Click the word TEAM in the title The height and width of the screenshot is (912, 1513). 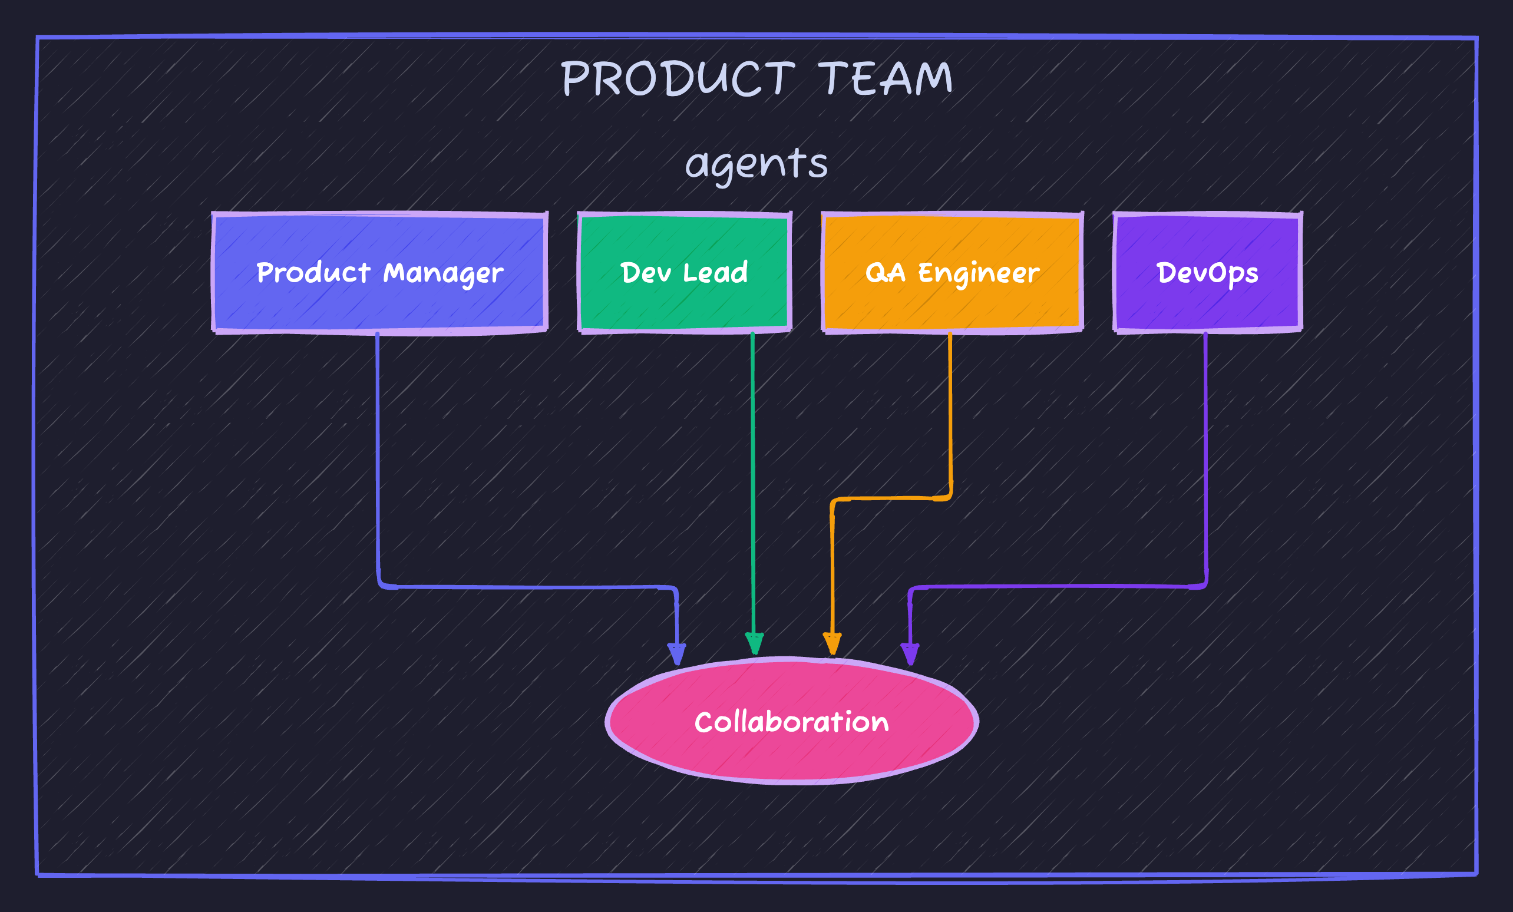[886, 78]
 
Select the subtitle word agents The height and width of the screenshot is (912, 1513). [757, 164]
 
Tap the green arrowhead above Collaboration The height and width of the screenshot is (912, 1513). [754, 643]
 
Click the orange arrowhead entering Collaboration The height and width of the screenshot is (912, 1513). [832, 643]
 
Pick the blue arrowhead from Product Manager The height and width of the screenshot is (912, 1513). [677, 653]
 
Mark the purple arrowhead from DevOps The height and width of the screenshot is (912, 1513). [910, 653]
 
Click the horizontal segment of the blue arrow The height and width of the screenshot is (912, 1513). [528, 588]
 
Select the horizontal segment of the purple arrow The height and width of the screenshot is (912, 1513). [1056, 587]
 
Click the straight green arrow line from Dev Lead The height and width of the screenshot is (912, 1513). [753, 479]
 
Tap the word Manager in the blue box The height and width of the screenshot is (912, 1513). [443, 273]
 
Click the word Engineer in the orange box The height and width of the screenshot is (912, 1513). [979, 273]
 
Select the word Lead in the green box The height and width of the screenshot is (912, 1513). [715, 272]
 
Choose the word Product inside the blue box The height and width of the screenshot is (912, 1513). [313, 272]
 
